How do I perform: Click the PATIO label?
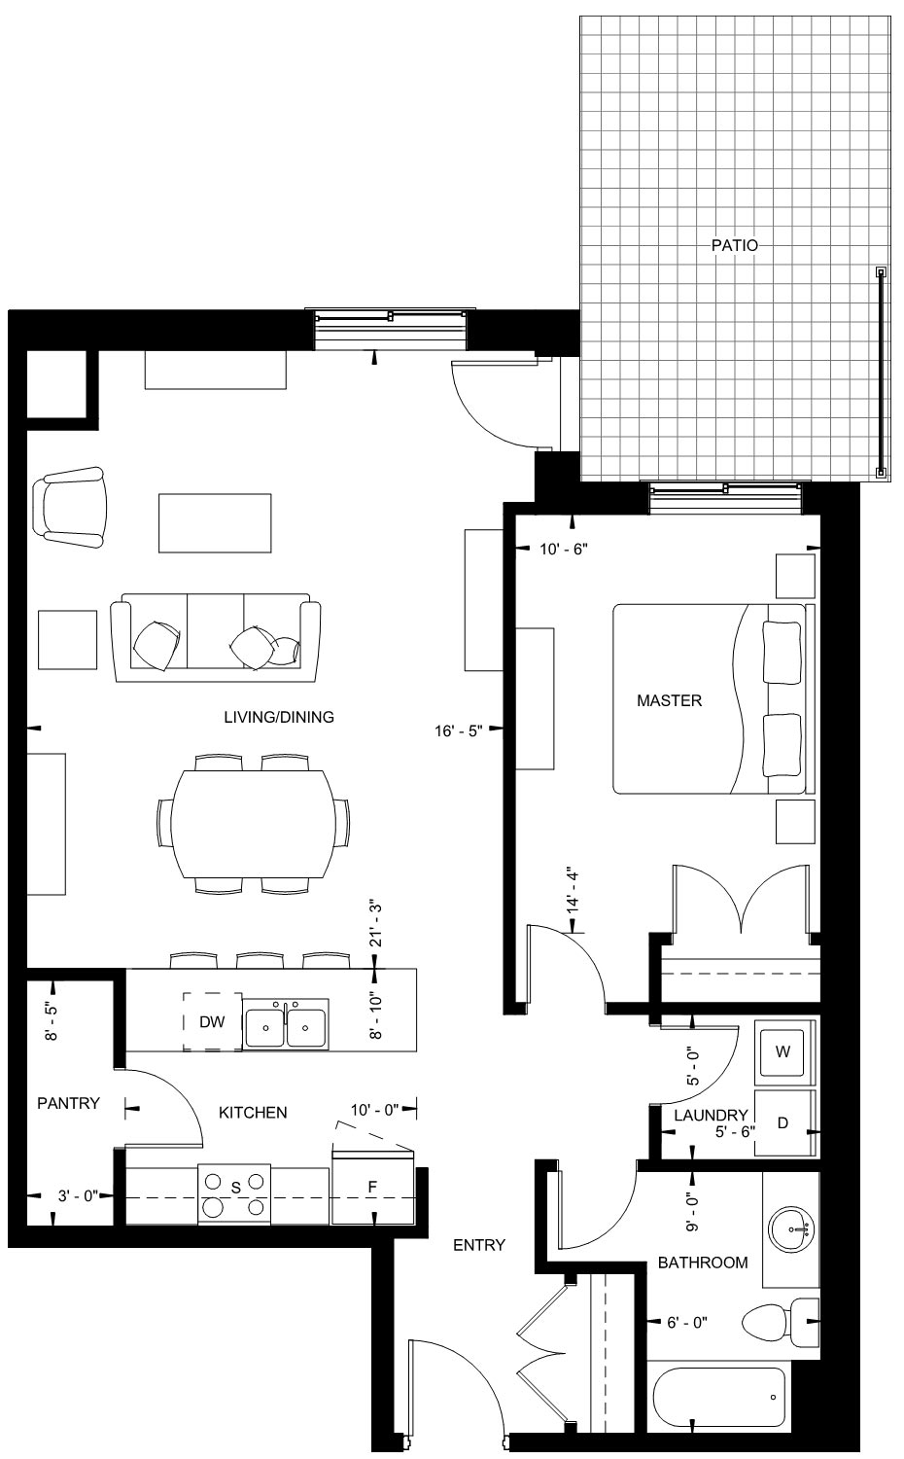tap(734, 245)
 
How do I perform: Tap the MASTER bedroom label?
tap(669, 700)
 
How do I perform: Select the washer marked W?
tap(784, 1051)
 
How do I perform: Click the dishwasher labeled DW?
tap(212, 1021)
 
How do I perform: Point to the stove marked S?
tap(234, 1194)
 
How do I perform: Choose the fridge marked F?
tap(373, 1188)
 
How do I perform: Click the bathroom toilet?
tap(780, 1322)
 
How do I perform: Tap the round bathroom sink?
tap(790, 1230)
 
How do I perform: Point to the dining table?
tap(254, 824)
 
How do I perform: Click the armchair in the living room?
tap(70, 507)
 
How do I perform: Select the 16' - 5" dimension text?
tap(459, 730)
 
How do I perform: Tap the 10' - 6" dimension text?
tap(564, 550)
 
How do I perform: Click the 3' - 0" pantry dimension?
tap(78, 1195)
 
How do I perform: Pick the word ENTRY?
tap(479, 1245)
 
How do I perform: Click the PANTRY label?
tap(68, 1103)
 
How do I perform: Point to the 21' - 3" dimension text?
tap(376, 925)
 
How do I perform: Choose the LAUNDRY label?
tap(711, 1115)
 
